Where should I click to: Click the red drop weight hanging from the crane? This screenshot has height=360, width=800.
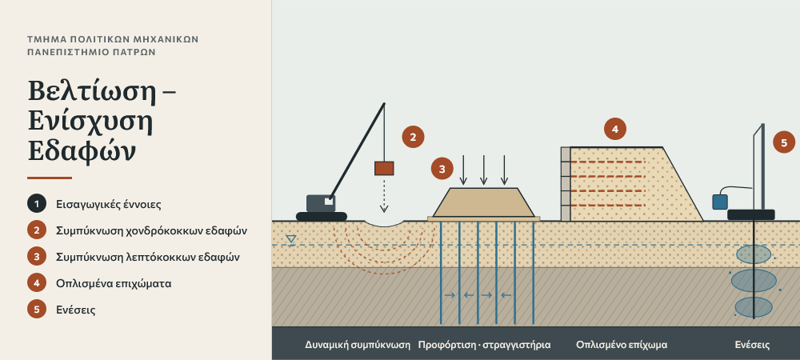[384, 168]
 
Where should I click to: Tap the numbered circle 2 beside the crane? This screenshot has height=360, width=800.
[413, 137]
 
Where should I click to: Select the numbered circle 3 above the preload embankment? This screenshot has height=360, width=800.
[442, 168]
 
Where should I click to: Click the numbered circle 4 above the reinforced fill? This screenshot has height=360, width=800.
[614, 129]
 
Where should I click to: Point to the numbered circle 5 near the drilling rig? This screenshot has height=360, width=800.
[784, 142]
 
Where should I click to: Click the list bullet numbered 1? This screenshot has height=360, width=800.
[37, 204]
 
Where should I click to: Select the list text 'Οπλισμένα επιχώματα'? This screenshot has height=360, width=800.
[114, 283]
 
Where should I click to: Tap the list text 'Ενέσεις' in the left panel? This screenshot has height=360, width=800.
[76, 310]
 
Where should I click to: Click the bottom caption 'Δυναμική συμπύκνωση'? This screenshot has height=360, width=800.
[358, 345]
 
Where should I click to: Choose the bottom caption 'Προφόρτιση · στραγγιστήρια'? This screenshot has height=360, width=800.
[484, 345]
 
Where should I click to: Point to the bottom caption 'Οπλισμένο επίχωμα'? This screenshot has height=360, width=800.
[622, 345]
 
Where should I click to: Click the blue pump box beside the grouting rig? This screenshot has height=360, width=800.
[720, 202]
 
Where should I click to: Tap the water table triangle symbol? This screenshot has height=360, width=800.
[291, 238]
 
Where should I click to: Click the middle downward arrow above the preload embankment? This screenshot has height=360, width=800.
[484, 170]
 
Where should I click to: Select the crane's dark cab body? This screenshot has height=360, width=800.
[321, 203]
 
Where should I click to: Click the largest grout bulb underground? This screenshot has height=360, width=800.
[754, 281]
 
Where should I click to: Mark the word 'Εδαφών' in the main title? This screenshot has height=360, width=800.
[82, 150]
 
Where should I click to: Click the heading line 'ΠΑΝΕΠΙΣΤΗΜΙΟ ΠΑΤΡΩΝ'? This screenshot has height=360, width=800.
[91, 52]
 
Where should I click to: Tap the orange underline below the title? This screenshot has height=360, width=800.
[50, 178]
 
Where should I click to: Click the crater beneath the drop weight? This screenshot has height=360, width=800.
[385, 223]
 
